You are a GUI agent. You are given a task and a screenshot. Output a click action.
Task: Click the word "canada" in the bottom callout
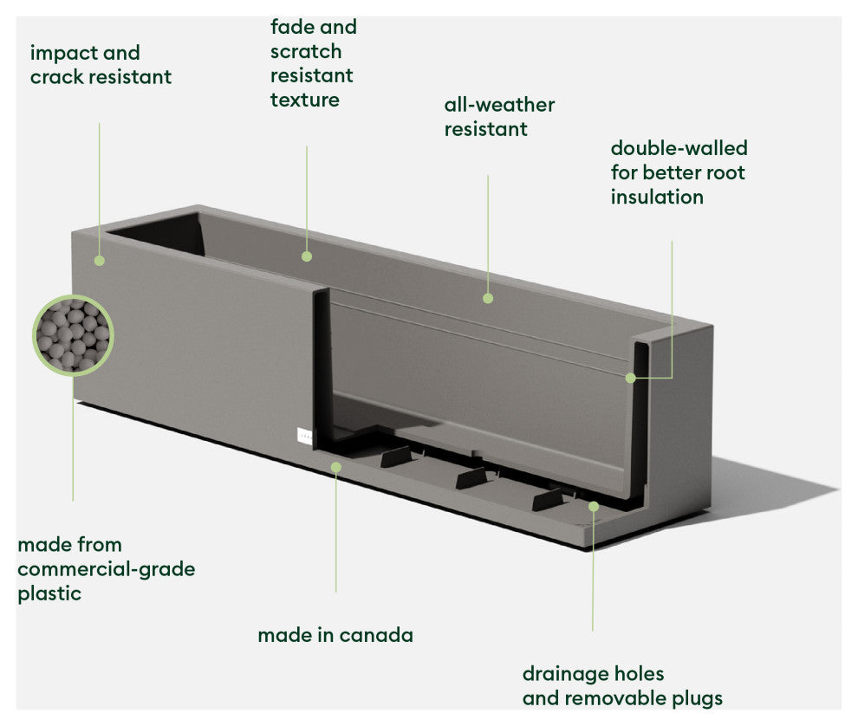point(376,635)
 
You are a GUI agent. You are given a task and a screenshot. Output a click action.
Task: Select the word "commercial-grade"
point(106,569)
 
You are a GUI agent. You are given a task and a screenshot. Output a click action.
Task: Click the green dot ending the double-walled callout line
point(631,378)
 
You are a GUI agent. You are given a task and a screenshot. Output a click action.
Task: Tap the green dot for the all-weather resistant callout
point(488,298)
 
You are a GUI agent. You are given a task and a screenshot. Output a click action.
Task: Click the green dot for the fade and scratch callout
point(307,256)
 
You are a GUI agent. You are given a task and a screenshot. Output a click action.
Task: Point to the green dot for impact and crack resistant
point(100,260)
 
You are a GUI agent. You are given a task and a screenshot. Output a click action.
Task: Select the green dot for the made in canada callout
point(336,466)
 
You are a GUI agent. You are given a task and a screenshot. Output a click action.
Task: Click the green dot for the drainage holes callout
point(594,506)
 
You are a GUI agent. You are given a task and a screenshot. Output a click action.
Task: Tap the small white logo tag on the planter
point(302,436)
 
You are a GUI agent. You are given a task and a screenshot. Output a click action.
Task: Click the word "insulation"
point(656,197)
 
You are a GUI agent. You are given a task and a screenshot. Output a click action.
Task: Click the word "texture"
point(304,100)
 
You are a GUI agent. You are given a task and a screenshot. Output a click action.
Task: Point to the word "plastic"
point(49,593)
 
